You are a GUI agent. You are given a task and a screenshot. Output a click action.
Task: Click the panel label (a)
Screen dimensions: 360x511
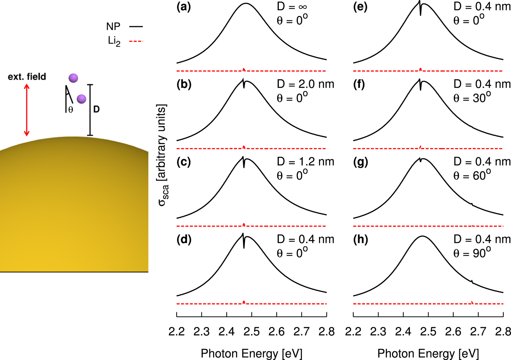tap(183, 7)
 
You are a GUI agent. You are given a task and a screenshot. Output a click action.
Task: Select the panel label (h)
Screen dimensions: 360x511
tap(360, 240)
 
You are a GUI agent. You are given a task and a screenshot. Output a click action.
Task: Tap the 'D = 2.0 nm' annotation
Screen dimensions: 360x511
tap(306, 84)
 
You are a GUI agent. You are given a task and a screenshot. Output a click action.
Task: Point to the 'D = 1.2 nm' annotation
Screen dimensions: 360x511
tap(306, 162)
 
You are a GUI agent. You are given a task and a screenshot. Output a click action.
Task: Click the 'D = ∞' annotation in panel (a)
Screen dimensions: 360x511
tap(292, 7)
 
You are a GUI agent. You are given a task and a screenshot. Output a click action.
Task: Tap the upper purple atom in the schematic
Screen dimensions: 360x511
tap(73, 78)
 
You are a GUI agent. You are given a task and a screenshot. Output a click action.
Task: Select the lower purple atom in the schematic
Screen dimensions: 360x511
tap(81, 99)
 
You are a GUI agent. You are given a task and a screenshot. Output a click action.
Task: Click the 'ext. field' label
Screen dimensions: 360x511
tap(27, 77)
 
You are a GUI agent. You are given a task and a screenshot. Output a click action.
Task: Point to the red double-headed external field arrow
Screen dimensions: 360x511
tap(26, 110)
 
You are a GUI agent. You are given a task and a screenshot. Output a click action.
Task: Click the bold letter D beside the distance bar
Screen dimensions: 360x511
tap(96, 109)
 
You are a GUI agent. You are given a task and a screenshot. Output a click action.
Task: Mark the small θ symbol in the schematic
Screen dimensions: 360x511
tap(70, 109)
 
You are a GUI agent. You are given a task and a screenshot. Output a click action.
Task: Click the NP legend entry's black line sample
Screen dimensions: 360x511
tap(136, 27)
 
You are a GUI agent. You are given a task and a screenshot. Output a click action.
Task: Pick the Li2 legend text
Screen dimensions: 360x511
tap(114, 41)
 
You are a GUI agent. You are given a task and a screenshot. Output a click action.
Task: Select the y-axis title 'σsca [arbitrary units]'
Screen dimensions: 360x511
tap(162, 155)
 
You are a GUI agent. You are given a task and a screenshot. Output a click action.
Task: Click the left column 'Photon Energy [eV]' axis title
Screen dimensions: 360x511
tap(251, 353)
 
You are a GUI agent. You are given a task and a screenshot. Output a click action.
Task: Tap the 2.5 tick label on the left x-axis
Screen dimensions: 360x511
tap(251, 332)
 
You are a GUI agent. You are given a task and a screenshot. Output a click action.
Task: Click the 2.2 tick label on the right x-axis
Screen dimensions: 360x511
tap(353, 332)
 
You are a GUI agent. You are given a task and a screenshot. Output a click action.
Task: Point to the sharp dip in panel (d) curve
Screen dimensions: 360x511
tap(244, 246)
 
